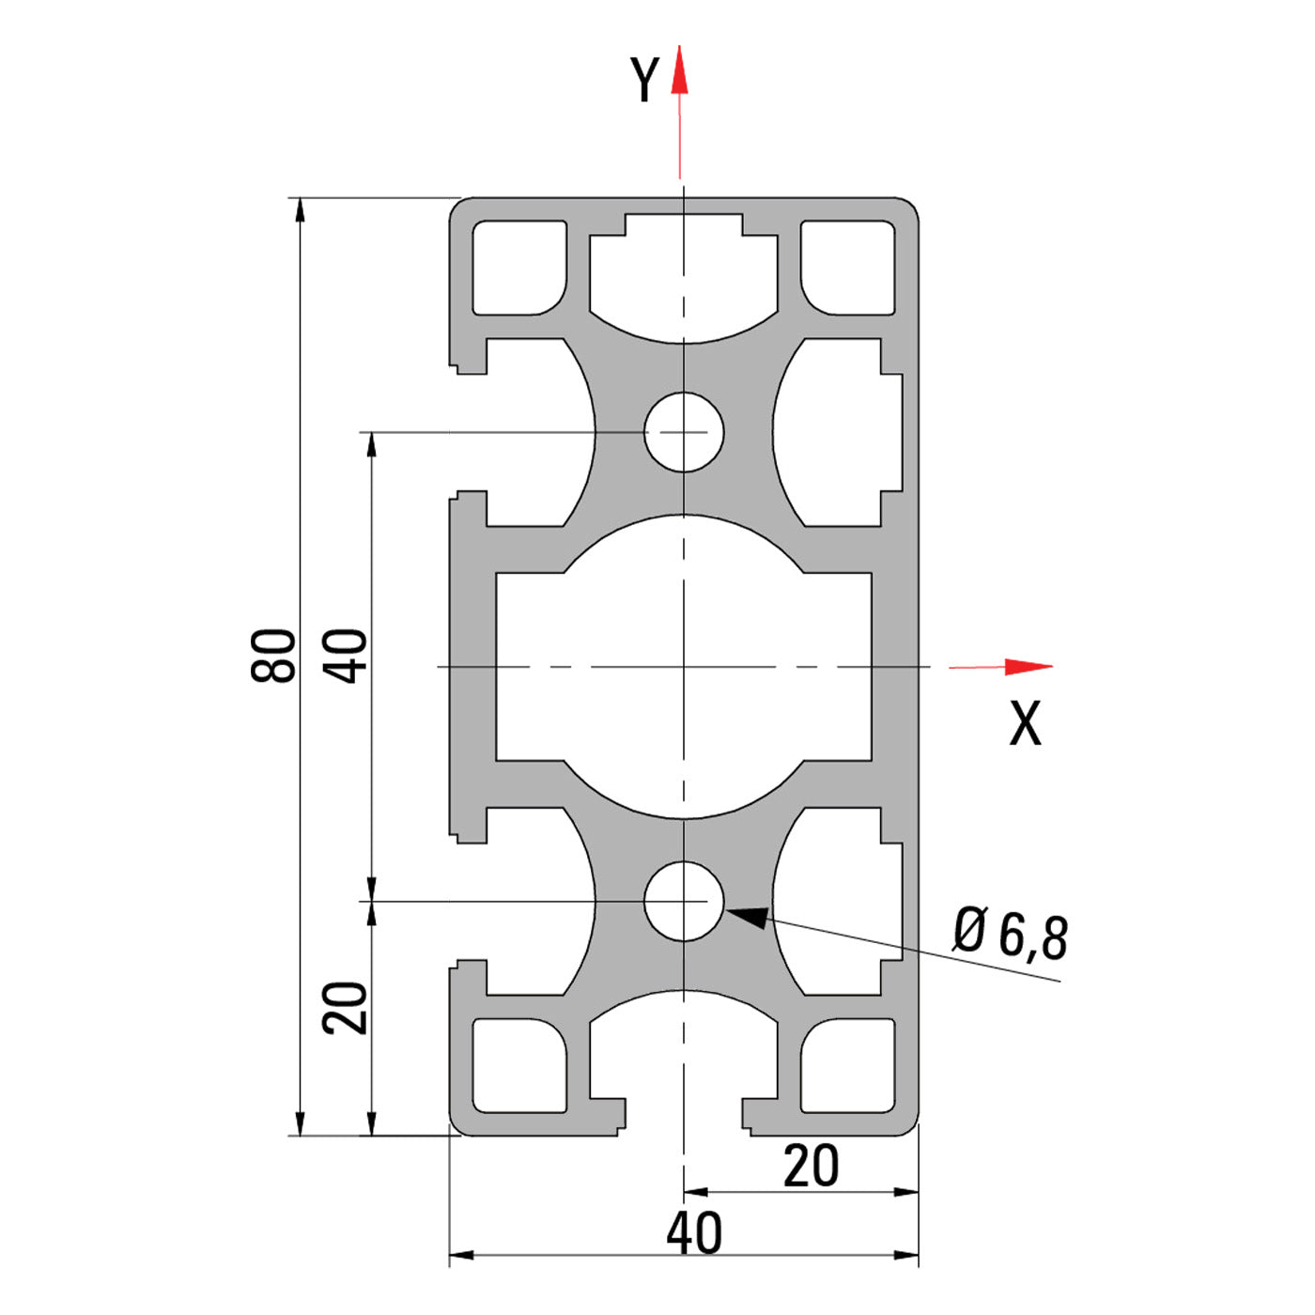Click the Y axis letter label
(645, 80)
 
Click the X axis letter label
(1025, 724)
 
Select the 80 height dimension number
(273, 655)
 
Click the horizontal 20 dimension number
(811, 1167)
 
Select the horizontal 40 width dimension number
(694, 1233)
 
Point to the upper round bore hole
(684, 432)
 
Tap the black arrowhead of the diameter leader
(748, 916)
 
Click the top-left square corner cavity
(518, 268)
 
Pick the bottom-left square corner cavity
(518, 1066)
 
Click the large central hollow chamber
(684, 667)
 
